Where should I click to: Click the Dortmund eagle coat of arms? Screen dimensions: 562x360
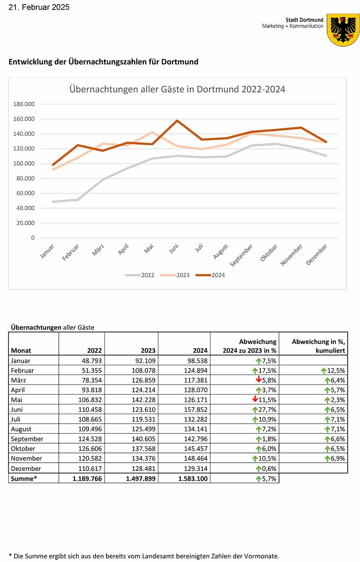click(x=343, y=30)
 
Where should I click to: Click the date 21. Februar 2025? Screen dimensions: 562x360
click(x=39, y=7)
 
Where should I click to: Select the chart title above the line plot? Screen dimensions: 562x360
click(x=177, y=90)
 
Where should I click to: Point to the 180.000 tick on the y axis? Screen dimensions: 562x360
click(x=24, y=104)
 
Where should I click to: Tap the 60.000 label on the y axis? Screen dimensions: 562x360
click(x=25, y=193)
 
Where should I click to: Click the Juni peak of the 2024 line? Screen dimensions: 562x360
click(x=177, y=121)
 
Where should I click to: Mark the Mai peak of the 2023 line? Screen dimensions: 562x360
click(x=152, y=132)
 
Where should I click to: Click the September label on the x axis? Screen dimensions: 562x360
click(x=241, y=255)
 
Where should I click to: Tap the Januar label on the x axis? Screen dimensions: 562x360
click(x=47, y=251)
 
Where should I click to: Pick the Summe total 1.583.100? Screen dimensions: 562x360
click(x=193, y=478)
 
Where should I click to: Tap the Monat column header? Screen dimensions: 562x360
click(x=21, y=351)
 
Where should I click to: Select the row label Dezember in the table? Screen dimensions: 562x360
click(x=26, y=468)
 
